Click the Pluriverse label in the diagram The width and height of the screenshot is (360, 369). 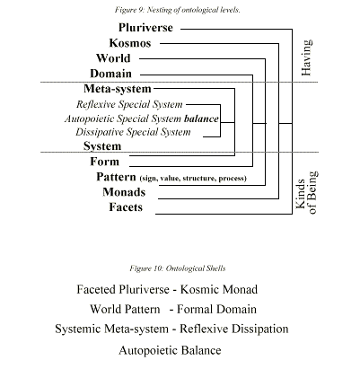(145, 28)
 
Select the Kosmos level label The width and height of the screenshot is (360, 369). (130, 43)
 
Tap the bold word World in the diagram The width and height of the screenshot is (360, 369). (113, 58)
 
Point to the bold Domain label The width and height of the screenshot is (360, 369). (110, 74)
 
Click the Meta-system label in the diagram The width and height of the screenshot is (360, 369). (118, 89)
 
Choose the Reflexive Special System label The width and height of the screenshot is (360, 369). (129, 104)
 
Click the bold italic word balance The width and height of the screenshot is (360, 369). (201, 119)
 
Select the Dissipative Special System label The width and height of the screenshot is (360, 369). (133, 132)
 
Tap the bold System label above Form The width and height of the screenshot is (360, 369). (102, 146)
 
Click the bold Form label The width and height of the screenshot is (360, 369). (105, 162)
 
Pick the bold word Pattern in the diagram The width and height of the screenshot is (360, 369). (116, 177)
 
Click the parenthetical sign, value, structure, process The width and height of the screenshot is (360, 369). (193, 179)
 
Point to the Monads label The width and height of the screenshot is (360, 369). (124, 192)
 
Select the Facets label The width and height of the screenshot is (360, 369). (126, 207)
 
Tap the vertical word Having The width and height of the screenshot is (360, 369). (306, 57)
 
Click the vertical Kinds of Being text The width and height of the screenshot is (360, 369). (306, 193)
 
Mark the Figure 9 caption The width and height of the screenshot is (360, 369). (178, 10)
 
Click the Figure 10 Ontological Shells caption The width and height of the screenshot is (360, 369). (178, 268)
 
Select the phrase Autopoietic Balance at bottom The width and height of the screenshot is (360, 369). (170, 350)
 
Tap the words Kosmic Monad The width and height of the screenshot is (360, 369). (219, 289)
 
